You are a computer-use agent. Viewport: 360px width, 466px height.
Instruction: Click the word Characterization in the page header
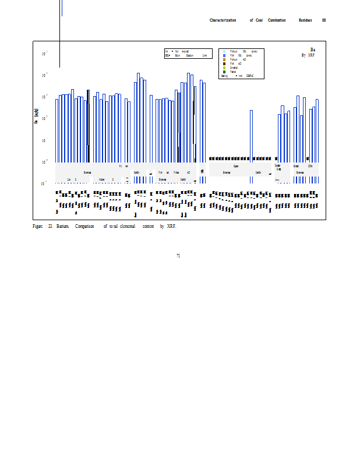(x=223, y=20)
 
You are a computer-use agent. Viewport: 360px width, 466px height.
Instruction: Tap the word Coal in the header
(x=259, y=20)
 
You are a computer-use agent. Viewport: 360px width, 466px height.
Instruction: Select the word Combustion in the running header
(x=277, y=20)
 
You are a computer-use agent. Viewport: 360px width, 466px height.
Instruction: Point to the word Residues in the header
(x=305, y=20)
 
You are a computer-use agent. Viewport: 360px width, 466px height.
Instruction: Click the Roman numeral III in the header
(x=324, y=20)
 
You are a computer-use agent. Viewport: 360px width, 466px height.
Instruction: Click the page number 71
(x=178, y=255)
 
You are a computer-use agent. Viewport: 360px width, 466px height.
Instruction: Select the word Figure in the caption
(x=38, y=226)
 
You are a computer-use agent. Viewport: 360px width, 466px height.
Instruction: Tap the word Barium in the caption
(x=63, y=226)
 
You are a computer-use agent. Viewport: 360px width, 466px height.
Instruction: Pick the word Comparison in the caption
(x=85, y=226)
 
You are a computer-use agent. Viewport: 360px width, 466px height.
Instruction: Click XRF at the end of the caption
(x=171, y=226)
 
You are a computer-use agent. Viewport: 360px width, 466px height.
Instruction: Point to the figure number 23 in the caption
(x=51, y=226)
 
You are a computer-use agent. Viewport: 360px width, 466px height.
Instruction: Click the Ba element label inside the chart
(x=313, y=50)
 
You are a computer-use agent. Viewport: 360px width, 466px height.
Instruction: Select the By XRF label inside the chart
(x=308, y=55)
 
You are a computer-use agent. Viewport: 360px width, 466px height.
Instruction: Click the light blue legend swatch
(x=224, y=51)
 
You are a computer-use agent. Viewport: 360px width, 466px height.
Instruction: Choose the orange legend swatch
(x=224, y=59)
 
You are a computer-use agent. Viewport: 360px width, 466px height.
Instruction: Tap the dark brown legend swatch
(x=224, y=63)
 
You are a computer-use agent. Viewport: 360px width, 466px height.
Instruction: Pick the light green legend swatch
(x=224, y=68)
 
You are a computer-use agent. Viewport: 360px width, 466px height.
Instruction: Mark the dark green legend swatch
(x=224, y=72)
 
